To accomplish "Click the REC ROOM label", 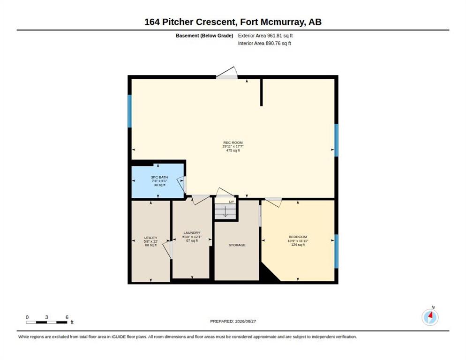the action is point(233,142).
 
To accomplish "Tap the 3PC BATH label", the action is point(159,177).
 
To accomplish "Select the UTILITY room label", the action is point(150,238).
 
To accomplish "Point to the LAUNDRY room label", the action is point(192,233).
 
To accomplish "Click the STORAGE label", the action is point(237,245).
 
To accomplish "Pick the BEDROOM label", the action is point(298,237).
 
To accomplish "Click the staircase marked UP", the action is point(225,209).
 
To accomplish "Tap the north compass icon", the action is point(430,317).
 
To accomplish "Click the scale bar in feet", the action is point(47,322).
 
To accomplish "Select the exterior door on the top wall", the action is point(227,73).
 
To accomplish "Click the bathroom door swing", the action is point(181,184).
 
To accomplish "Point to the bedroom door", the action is point(273,202).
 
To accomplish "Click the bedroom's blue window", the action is point(337,251).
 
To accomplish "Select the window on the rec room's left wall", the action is point(129,111).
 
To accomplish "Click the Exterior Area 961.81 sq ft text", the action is point(265,36).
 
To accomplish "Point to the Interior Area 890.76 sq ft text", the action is point(264,44).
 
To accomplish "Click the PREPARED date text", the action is point(233,322).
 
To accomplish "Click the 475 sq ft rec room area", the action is point(233,150).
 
